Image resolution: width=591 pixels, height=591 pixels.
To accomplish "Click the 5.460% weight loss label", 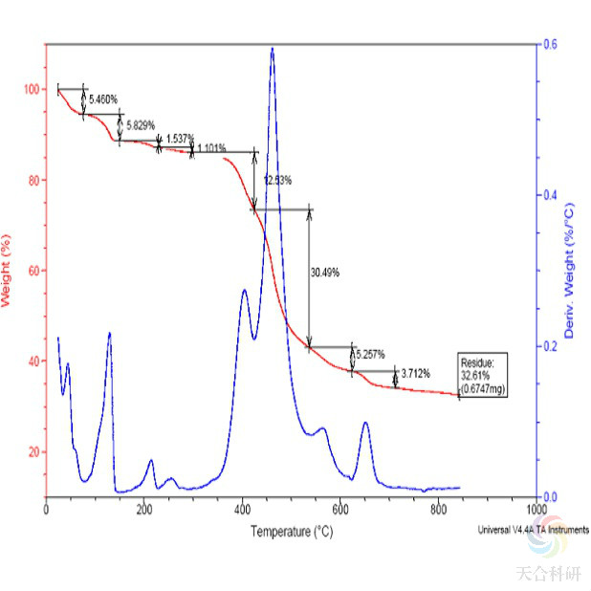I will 103,98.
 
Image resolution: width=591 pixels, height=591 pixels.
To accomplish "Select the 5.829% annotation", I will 142,126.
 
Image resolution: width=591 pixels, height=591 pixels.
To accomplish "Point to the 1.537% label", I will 180,139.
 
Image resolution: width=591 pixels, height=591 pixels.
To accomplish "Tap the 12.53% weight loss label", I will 277,180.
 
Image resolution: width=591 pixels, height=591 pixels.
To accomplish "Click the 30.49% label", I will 325,272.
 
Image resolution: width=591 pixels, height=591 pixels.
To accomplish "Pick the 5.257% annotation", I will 374,353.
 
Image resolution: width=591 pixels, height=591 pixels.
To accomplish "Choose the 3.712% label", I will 416,373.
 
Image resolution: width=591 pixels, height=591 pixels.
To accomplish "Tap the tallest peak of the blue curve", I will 273,50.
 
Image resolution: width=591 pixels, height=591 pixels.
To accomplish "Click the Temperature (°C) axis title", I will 292,530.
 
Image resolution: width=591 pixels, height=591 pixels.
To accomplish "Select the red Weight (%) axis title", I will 7,270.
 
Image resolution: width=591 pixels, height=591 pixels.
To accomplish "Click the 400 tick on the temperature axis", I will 241,509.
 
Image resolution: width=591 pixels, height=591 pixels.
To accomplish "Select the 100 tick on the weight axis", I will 32,90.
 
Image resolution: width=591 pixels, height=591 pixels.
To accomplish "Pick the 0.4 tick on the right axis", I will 550,195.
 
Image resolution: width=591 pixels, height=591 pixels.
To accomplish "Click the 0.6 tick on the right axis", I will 550,44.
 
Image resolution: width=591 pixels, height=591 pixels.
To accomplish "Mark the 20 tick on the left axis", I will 33,451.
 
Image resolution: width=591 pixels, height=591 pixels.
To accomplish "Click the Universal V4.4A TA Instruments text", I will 534,529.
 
